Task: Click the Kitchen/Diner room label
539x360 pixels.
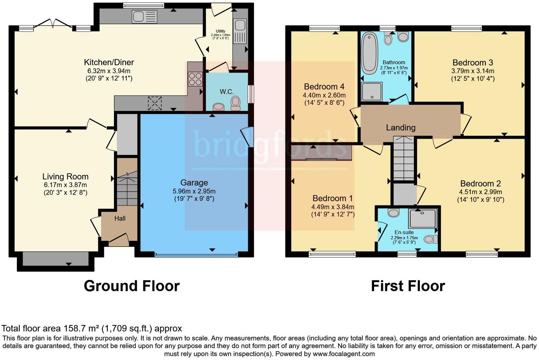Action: pyautogui.click(x=109, y=62)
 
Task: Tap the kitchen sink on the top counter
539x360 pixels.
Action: pyautogui.click(x=144, y=17)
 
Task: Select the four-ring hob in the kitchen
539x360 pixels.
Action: pyautogui.click(x=195, y=79)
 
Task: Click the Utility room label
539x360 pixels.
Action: pyautogui.click(x=221, y=31)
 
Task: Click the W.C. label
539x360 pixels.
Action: pyautogui.click(x=227, y=92)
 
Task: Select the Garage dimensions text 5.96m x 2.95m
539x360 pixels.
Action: pyautogui.click(x=194, y=191)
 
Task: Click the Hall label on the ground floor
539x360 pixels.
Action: pyautogui.click(x=120, y=219)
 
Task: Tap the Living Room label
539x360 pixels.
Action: pyautogui.click(x=65, y=176)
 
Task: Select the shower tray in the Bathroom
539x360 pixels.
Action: pyautogui.click(x=372, y=91)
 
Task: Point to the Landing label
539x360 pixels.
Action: pyautogui.click(x=401, y=128)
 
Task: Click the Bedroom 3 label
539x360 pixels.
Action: pyautogui.click(x=473, y=63)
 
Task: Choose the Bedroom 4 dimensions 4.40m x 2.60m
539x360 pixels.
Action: pyautogui.click(x=324, y=95)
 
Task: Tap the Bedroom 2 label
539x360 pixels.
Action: pyautogui.click(x=480, y=184)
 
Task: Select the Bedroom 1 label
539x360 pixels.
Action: pyautogui.click(x=333, y=198)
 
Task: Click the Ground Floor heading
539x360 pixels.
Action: pyautogui.click(x=132, y=286)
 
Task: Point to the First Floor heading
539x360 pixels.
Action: pyautogui.click(x=408, y=286)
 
